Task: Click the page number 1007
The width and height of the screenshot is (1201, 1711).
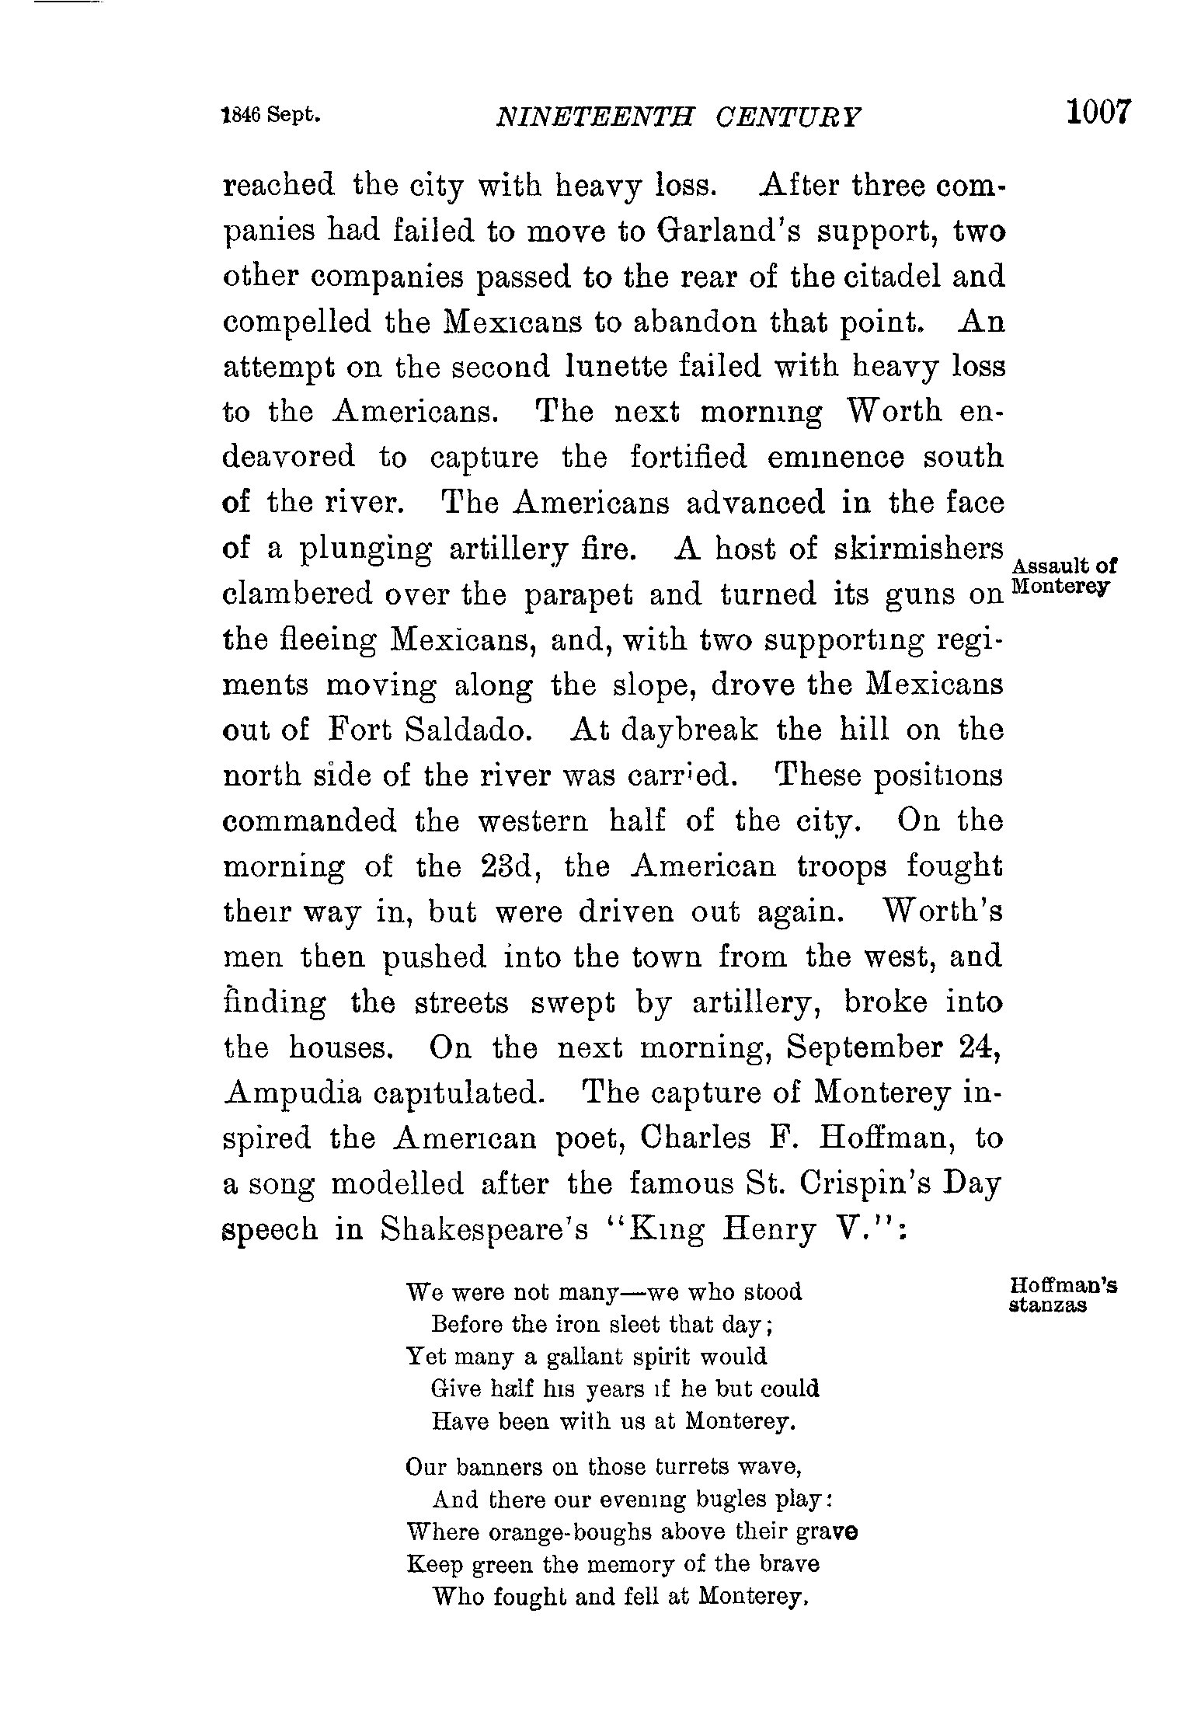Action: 1097,112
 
